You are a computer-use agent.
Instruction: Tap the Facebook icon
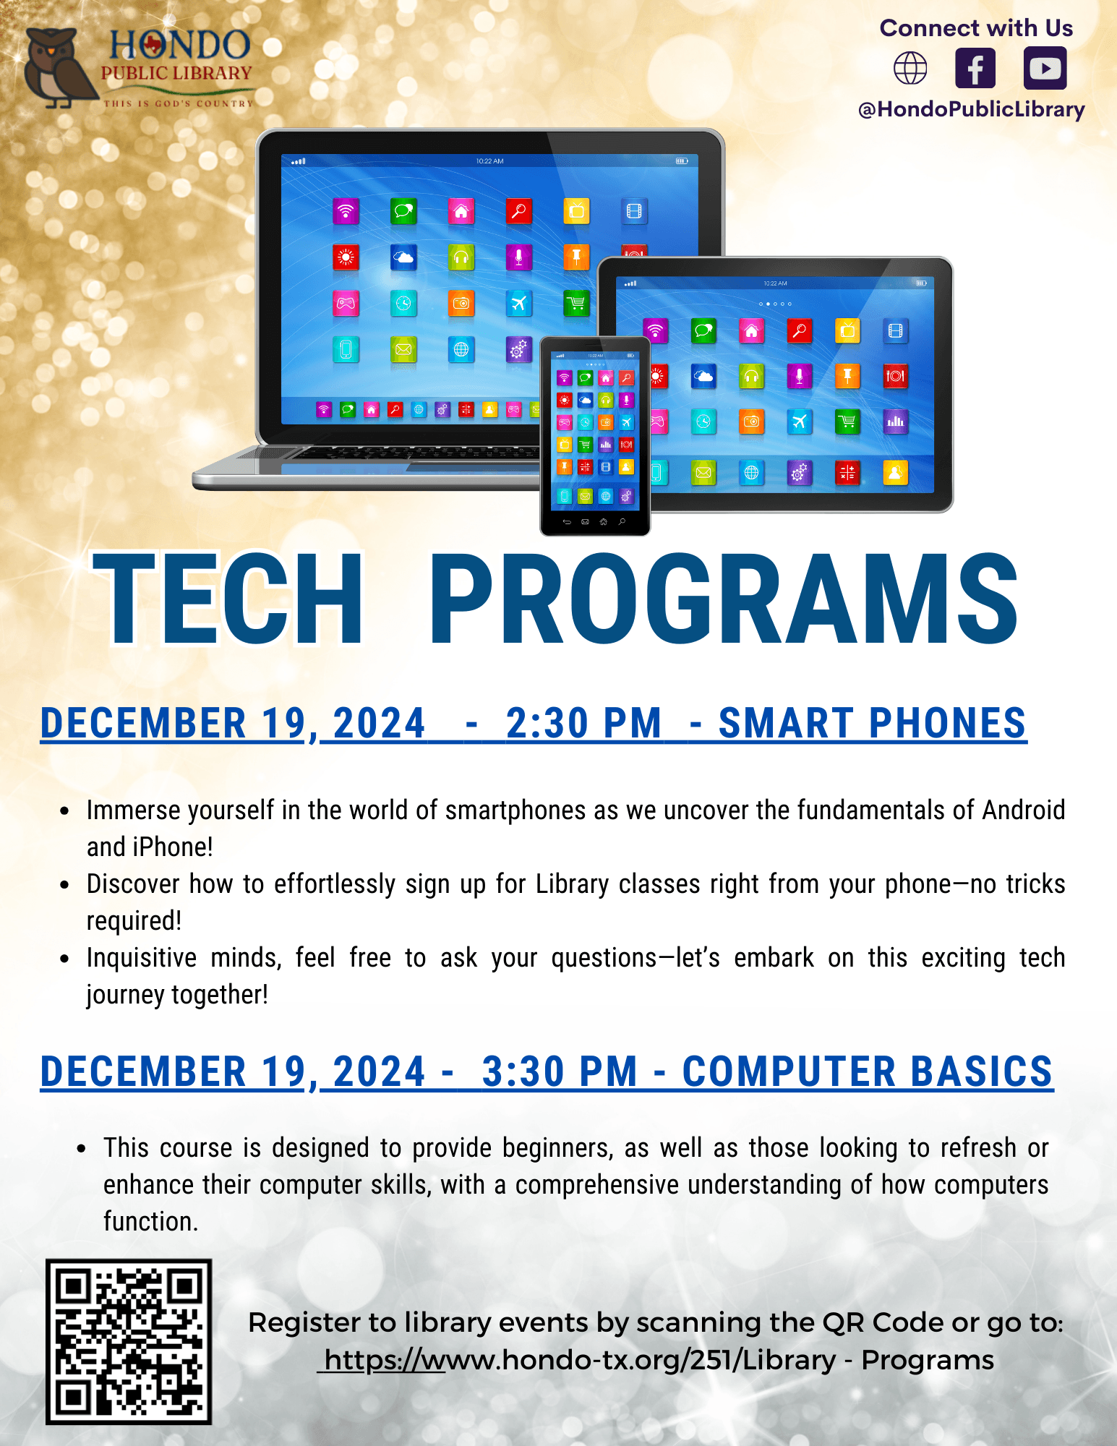coord(975,69)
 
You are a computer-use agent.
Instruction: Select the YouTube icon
coord(1045,69)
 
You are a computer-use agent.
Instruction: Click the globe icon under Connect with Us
coord(910,69)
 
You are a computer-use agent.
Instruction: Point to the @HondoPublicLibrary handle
coord(971,109)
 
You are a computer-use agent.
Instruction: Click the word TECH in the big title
coord(228,599)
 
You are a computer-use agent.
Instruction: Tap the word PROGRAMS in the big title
coord(723,599)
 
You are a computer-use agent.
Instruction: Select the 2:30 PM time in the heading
coord(583,724)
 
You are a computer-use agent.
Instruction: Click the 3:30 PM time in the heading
coord(560,1071)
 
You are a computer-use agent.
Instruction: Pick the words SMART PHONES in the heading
coord(872,724)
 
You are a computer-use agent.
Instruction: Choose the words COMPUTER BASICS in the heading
coord(868,1071)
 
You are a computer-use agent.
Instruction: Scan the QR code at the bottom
coord(129,1341)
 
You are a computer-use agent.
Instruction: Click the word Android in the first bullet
coord(1023,810)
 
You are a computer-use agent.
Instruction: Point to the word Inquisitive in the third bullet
coord(141,958)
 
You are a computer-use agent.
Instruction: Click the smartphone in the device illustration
coord(595,436)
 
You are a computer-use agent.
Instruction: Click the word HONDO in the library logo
coord(179,46)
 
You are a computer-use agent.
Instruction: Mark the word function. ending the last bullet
coord(150,1221)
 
